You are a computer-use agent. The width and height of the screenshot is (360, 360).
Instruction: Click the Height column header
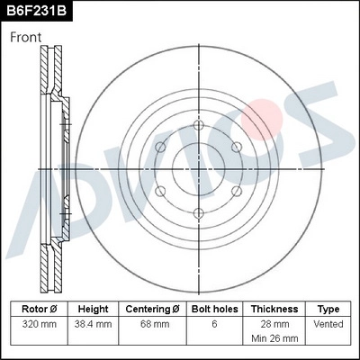tap(93, 309)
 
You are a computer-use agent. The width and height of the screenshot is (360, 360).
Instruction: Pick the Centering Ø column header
tap(152, 309)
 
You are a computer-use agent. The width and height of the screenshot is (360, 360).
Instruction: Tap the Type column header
tap(328, 309)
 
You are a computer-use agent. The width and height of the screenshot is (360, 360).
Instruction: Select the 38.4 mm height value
tap(93, 323)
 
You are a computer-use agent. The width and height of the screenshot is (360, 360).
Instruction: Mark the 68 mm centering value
tap(152, 323)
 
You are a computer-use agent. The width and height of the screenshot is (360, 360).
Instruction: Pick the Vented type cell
tap(328, 323)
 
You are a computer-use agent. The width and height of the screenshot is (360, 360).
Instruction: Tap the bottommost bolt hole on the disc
tap(198, 212)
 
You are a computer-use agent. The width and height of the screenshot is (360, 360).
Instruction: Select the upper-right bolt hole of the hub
tap(236, 148)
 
